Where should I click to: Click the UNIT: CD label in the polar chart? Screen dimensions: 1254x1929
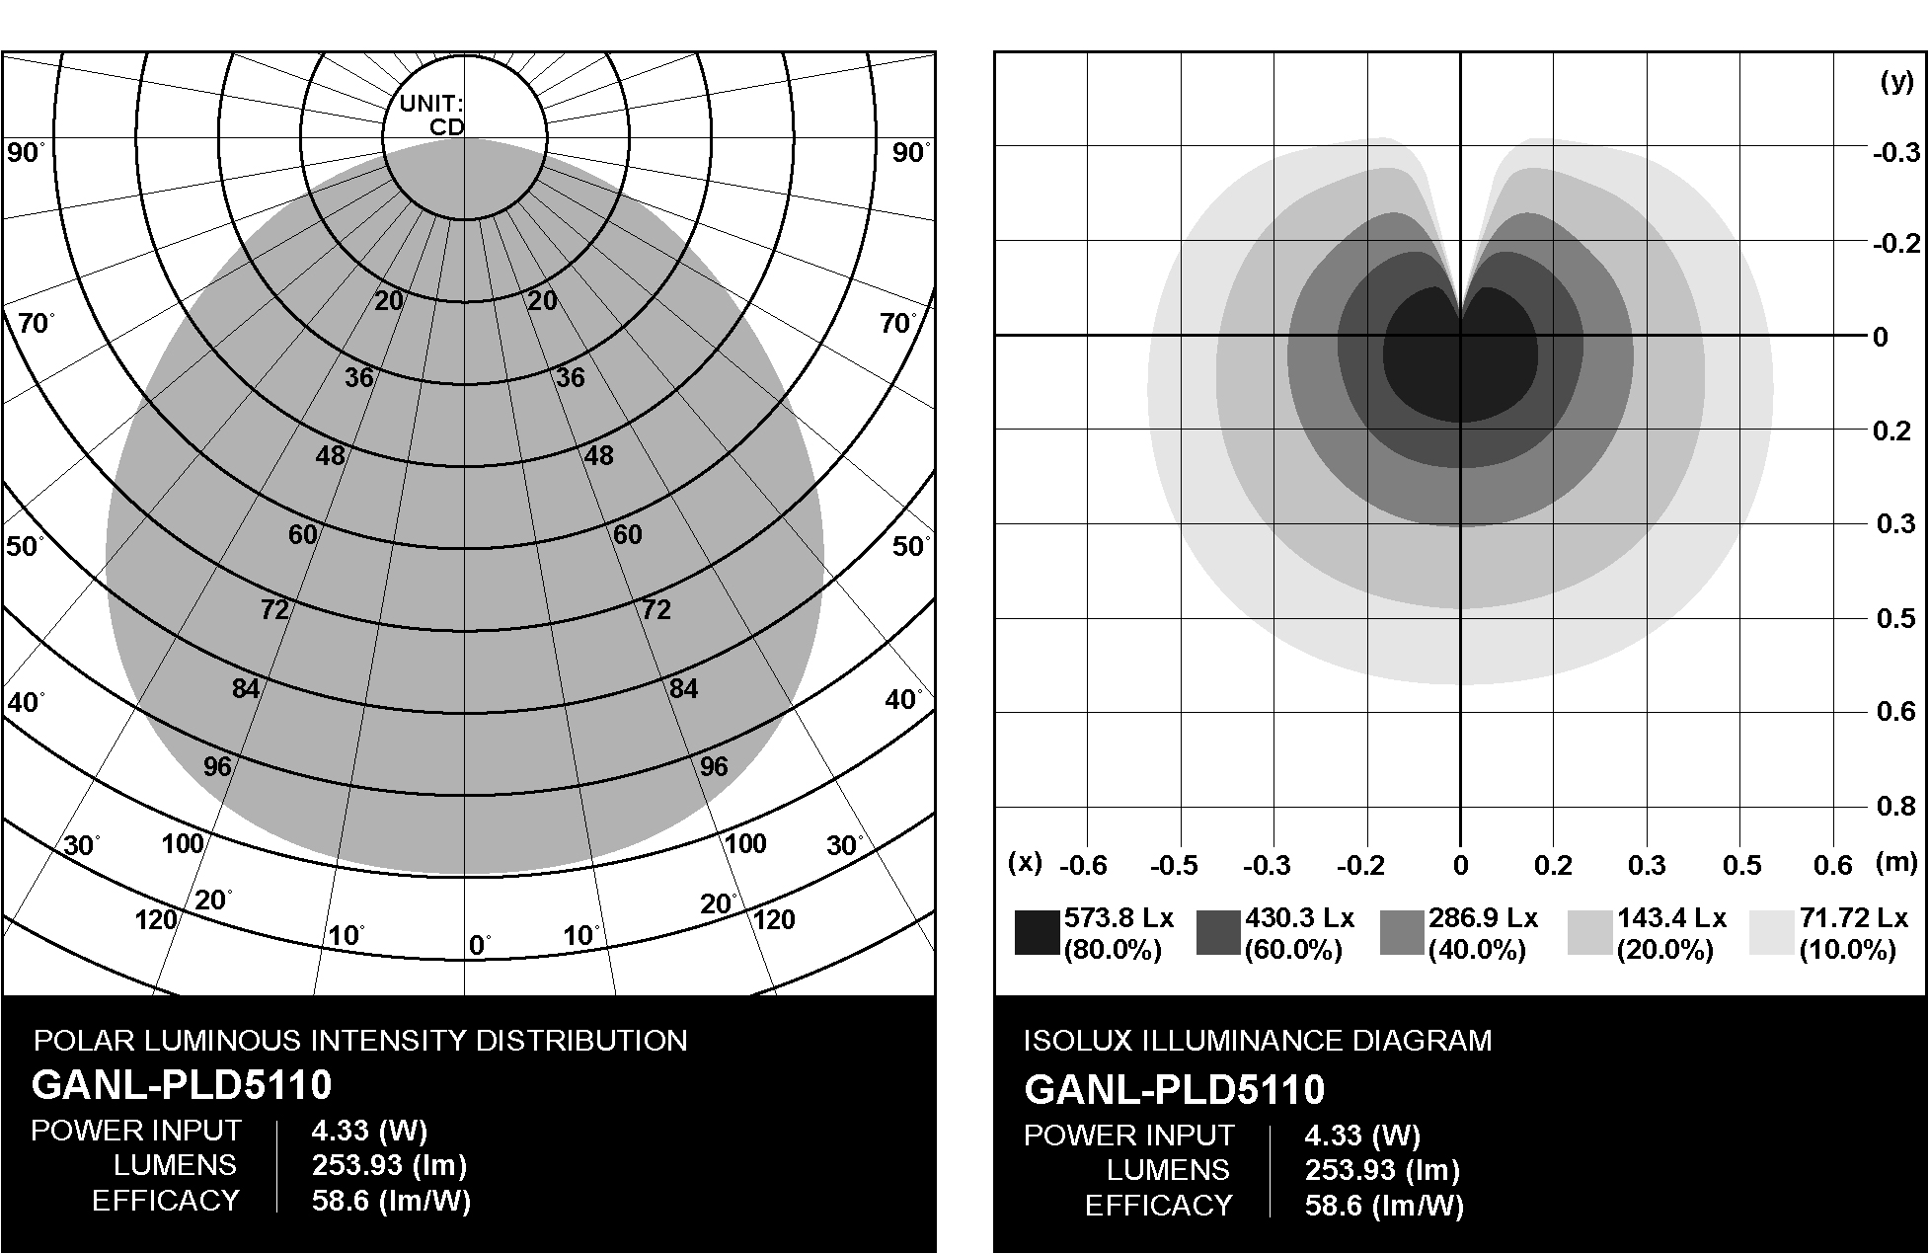pyautogui.click(x=431, y=115)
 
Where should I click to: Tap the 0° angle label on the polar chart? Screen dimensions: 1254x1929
pyautogui.click(x=479, y=945)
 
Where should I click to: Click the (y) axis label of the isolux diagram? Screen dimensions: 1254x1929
pyautogui.click(x=1896, y=82)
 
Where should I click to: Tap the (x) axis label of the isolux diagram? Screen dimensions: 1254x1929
pyautogui.click(x=1025, y=862)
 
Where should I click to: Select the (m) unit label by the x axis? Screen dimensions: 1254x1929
pyautogui.click(x=1895, y=862)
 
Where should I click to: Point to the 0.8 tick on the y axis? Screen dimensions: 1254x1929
pyautogui.click(x=1894, y=806)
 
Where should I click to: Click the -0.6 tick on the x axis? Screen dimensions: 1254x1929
pyautogui.click(x=1082, y=866)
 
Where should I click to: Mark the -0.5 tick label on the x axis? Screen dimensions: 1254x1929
pyautogui.click(x=1174, y=866)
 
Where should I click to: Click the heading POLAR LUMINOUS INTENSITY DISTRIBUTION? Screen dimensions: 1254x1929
pyautogui.click(x=360, y=1041)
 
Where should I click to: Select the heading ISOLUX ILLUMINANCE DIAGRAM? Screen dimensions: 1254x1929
pyautogui.click(x=1258, y=1041)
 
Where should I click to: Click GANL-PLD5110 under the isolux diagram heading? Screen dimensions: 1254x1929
pyautogui.click(x=1174, y=1090)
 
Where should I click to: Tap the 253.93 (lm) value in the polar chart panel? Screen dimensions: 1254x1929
pyautogui.click(x=389, y=1165)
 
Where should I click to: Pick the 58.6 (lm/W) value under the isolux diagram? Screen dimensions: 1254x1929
pyautogui.click(x=1384, y=1206)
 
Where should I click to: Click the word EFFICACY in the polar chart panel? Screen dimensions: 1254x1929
pyautogui.click(x=166, y=1201)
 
